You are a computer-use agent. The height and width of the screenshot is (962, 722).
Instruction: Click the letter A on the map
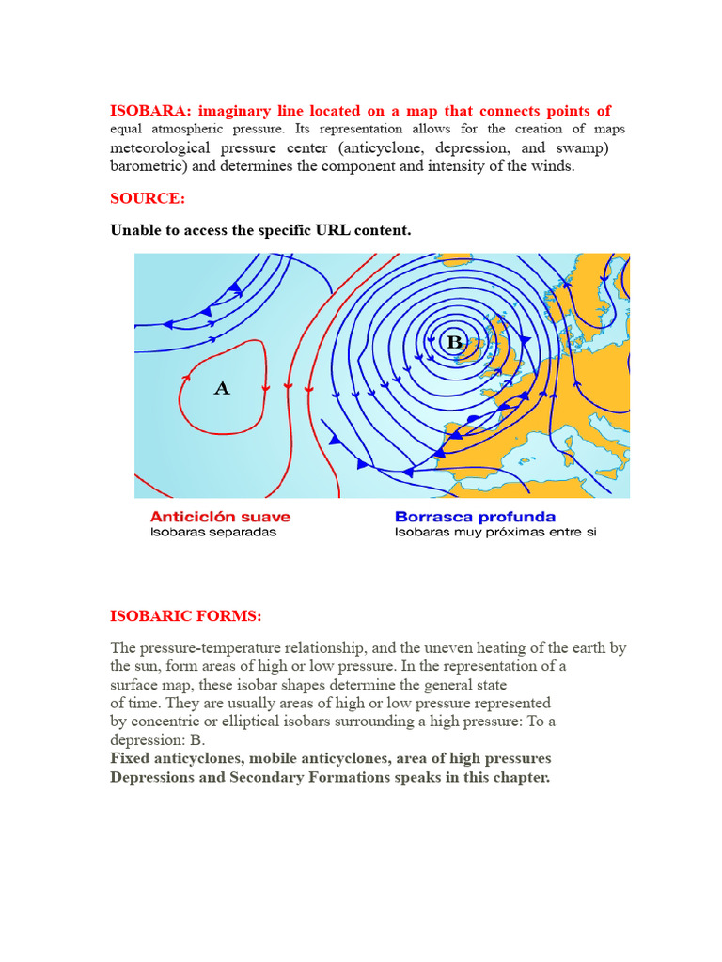[222, 388]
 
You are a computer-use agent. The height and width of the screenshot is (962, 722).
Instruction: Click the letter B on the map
[455, 343]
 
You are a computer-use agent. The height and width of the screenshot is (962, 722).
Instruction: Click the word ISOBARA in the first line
[147, 111]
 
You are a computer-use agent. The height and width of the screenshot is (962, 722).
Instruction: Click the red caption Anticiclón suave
[220, 517]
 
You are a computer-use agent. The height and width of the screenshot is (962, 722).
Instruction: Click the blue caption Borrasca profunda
[475, 517]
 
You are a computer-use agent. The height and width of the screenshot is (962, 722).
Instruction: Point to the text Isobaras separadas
[213, 533]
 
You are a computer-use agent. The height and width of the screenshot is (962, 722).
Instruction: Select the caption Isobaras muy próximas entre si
[495, 533]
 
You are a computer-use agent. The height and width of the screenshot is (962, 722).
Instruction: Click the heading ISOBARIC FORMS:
[186, 616]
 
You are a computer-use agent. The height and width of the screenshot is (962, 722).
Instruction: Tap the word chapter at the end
[520, 778]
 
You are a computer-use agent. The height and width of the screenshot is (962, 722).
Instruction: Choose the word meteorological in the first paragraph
[162, 148]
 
